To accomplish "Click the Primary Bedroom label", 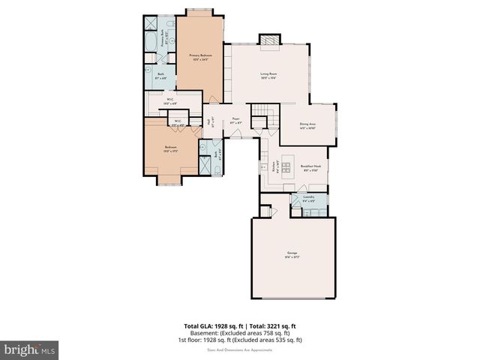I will click(x=199, y=55).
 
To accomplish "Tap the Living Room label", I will click(x=269, y=73).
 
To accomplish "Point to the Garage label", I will click(x=292, y=253).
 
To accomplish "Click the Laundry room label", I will click(x=308, y=200).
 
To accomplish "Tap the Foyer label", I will click(x=235, y=119).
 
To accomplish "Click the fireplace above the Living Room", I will click(x=268, y=39).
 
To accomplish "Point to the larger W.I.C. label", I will click(x=170, y=100).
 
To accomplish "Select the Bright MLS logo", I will click(x=29, y=349).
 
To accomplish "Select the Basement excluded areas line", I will click(x=239, y=333).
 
